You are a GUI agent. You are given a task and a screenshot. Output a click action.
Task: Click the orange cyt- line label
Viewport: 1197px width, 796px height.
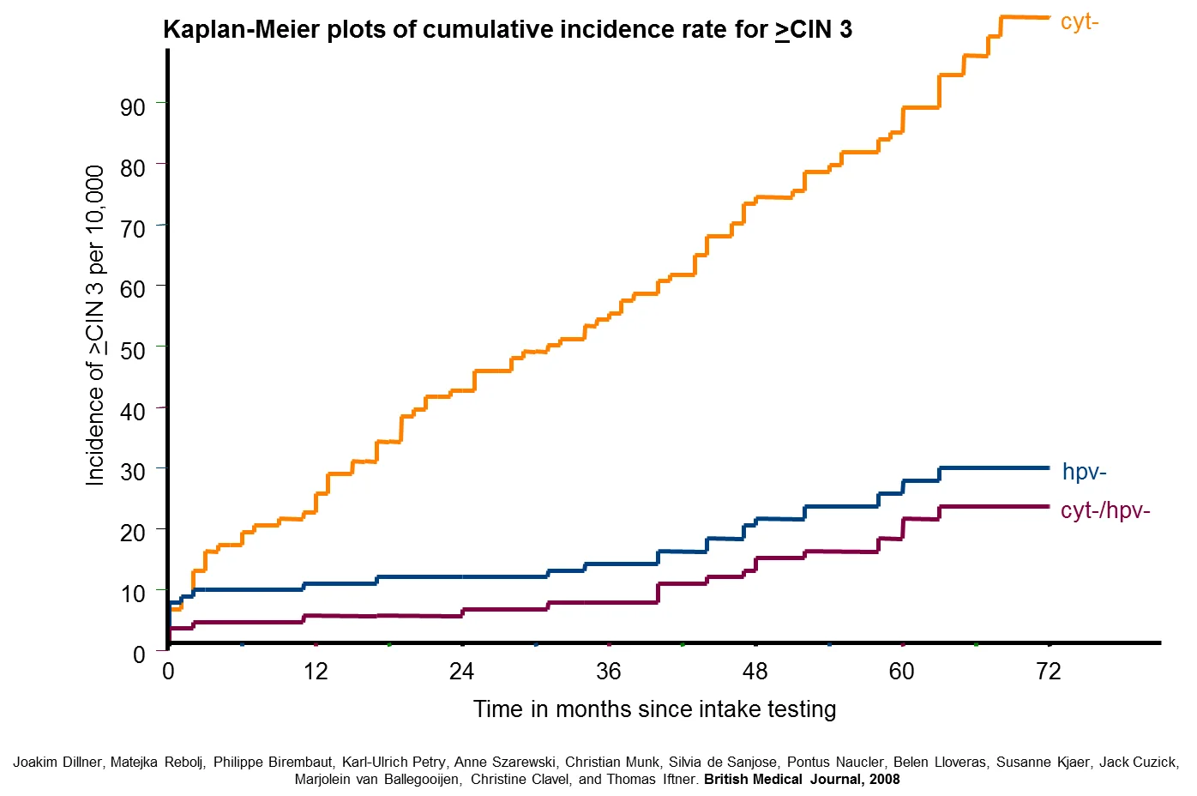1079,23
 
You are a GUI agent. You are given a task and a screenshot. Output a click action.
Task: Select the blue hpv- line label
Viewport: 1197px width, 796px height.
1084,472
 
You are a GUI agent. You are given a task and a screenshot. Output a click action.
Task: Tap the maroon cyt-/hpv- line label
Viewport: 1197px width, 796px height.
1105,510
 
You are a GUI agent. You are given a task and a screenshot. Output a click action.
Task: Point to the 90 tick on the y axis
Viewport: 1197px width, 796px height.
133,107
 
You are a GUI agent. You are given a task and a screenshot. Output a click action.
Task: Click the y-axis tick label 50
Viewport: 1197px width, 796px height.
133,351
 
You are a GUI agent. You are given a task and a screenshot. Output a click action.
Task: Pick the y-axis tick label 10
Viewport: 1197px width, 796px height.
133,594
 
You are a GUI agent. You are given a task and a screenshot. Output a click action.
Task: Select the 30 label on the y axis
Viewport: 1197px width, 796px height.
133,472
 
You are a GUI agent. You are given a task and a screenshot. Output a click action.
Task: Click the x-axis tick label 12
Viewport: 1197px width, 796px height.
316,672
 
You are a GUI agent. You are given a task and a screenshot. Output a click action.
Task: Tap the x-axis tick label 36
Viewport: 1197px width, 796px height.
609,672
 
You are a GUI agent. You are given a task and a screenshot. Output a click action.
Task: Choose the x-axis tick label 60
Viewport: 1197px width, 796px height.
901,672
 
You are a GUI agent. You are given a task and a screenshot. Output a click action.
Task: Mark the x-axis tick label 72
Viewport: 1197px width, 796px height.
1048,672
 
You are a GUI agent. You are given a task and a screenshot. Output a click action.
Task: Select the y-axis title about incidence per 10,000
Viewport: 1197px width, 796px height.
95,326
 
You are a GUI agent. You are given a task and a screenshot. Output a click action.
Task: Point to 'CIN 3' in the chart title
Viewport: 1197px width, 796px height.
821,29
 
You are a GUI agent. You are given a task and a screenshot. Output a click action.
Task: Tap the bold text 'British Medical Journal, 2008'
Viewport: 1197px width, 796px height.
802,780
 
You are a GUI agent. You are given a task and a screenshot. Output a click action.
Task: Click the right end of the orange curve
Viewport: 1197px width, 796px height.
1049,18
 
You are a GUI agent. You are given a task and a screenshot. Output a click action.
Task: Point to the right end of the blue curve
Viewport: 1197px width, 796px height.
1049,468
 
